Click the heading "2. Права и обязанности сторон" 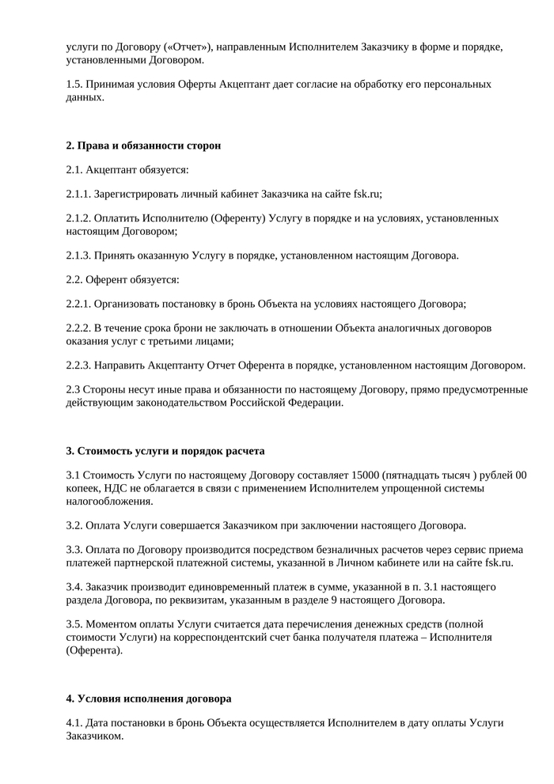(143, 146)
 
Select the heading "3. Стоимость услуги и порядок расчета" (165, 451)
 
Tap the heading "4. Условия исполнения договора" (149, 699)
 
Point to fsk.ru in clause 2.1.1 (366, 193)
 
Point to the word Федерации (317, 402)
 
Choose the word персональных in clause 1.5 (457, 84)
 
